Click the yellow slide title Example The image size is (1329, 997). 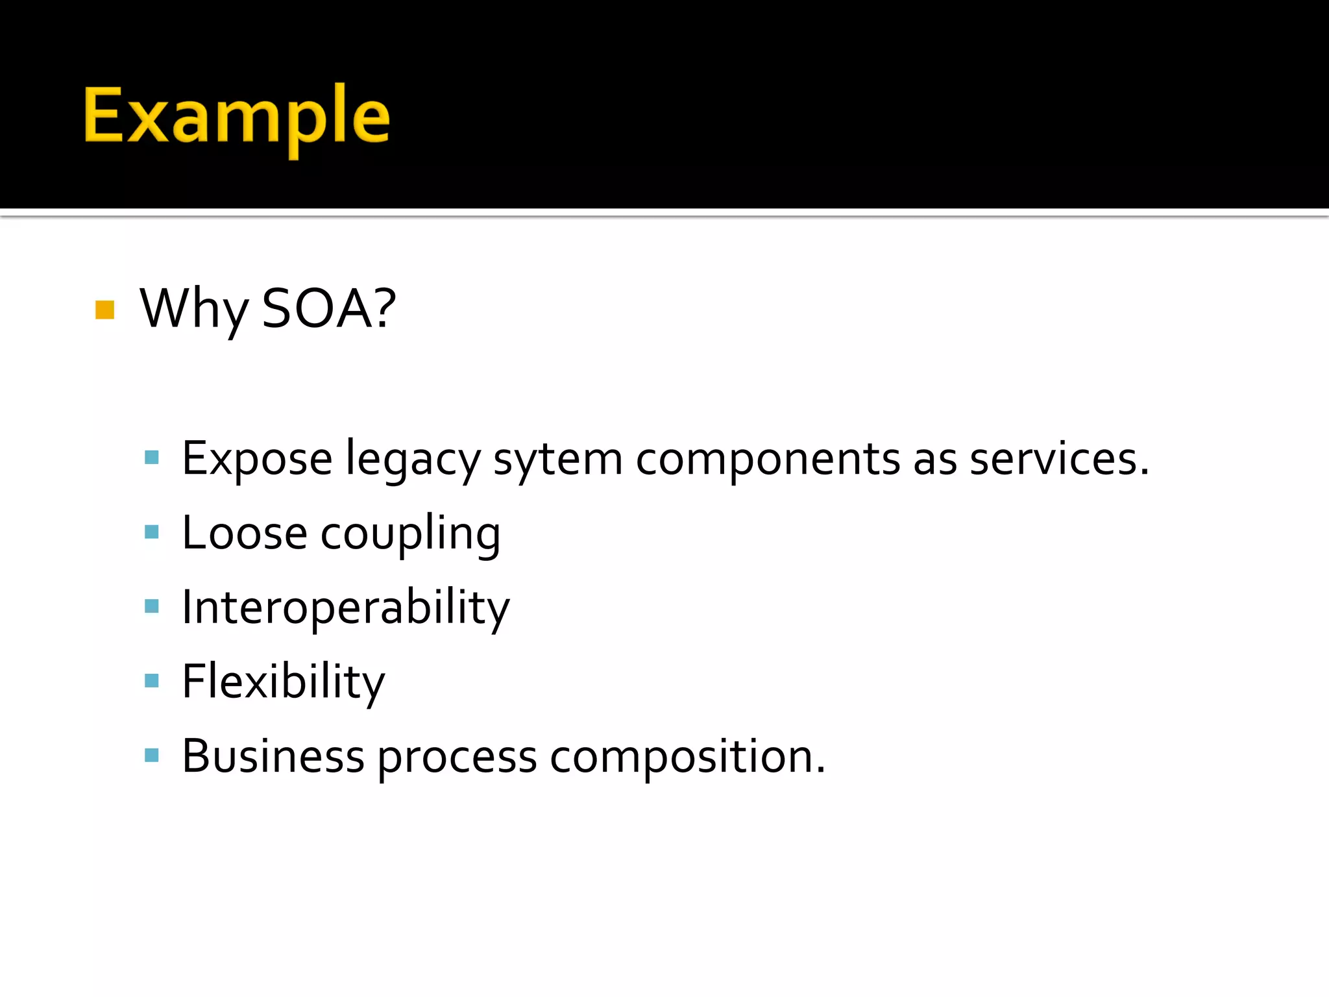click(x=236, y=117)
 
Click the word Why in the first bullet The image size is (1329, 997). click(x=193, y=309)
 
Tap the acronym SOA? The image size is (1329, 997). click(x=328, y=309)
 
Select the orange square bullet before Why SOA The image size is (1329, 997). click(x=104, y=310)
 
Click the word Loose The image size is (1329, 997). click(x=244, y=534)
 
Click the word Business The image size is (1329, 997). click(x=273, y=757)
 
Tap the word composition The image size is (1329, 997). click(x=687, y=757)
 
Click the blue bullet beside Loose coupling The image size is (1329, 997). click(x=152, y=532)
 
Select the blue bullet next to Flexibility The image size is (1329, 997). click(x=152, y=680)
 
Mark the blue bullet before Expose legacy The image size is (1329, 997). click(x=152, y=458)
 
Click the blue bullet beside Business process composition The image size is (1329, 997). click(x=152, y=755)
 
